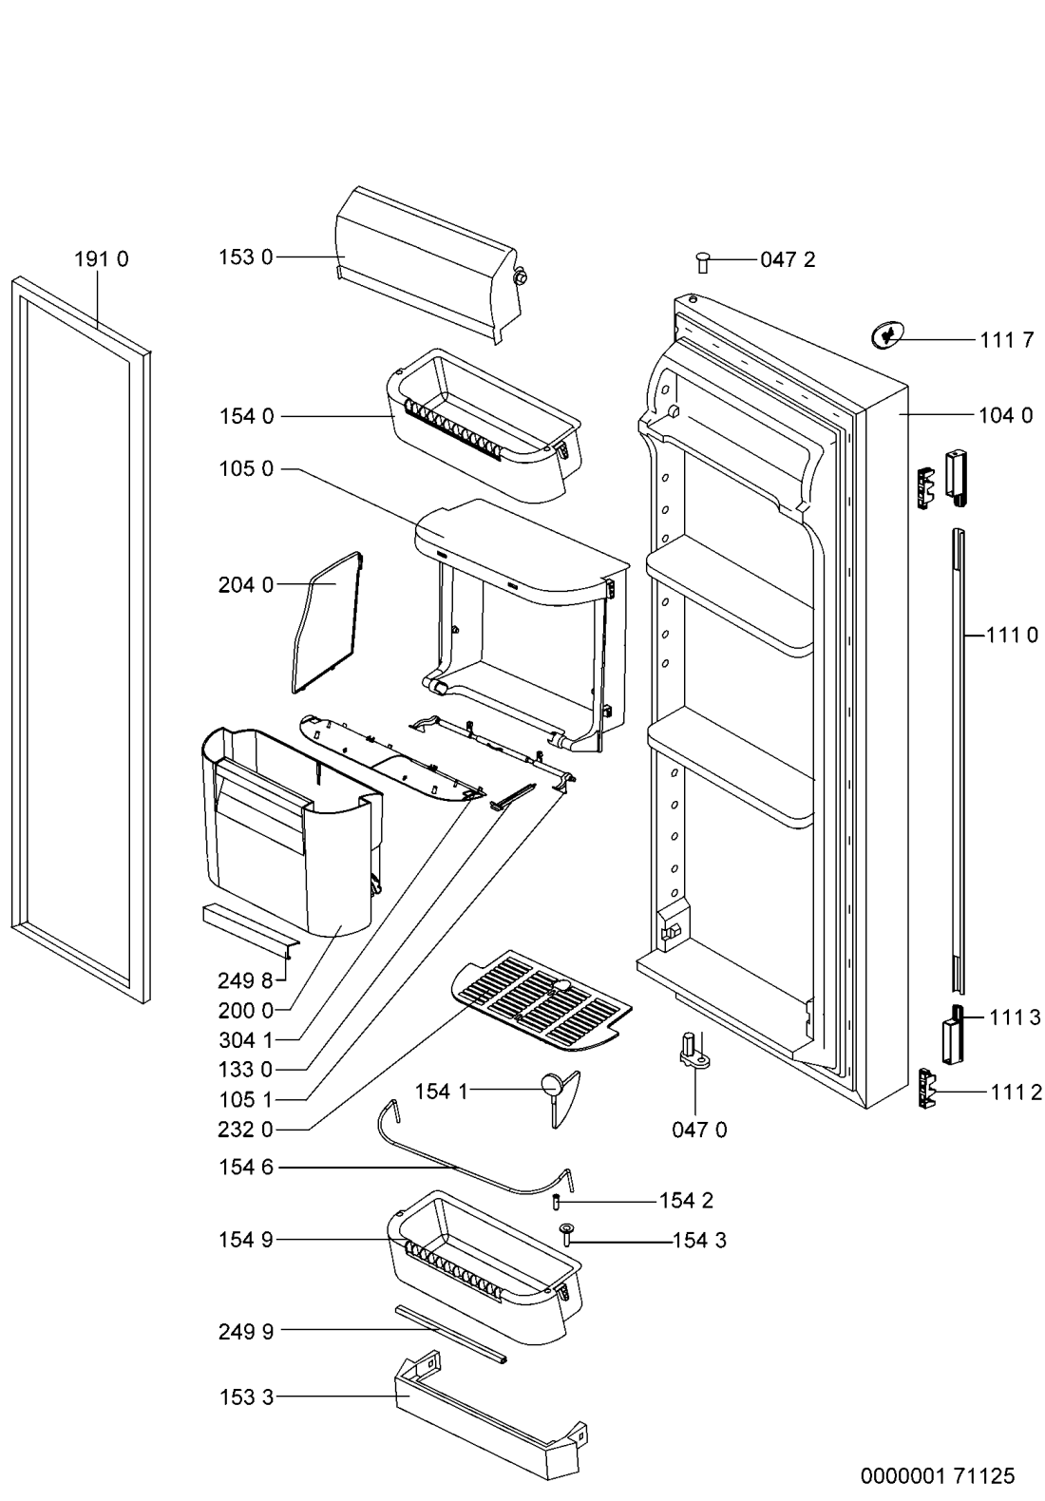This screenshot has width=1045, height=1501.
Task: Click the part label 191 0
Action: (x=102, y=259)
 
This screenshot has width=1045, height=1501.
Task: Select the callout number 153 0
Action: (x=246, y=257)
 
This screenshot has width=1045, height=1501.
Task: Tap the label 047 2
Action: (x=788, y=259)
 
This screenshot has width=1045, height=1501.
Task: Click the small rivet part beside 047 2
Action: (x=703, y=261)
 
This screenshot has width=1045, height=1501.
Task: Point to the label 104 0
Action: (x=1005, y=415)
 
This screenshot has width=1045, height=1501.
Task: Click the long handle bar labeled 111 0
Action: (x=959, y=761)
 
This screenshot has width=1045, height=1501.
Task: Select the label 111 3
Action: (x=1015, y=1017)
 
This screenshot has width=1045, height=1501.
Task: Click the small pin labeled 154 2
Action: (x=557, y=1202)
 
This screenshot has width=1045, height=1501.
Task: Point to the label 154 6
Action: (x=246, y=1168)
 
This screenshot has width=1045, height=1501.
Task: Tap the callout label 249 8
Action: (x=245, y=980)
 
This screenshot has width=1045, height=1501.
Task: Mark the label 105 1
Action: (x=246, y=1099)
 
